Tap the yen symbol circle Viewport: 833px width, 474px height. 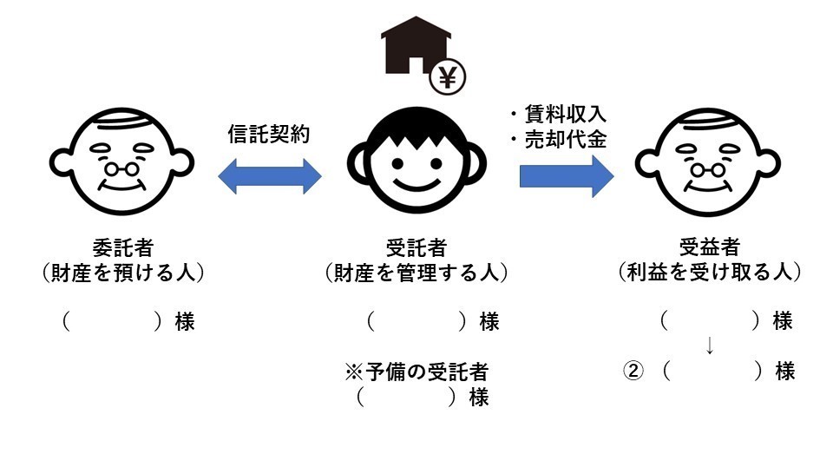click(448, 78)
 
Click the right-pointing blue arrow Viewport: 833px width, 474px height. click(567, 176)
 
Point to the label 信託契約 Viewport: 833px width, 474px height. click(269, 135)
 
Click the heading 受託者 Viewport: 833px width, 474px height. click(416, 247)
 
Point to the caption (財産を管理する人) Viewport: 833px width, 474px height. click(416, 273)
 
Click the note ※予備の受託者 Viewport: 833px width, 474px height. click(416, 372)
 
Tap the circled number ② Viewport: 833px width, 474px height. click(633, 372)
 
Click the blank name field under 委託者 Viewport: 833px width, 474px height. click(112, 322)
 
